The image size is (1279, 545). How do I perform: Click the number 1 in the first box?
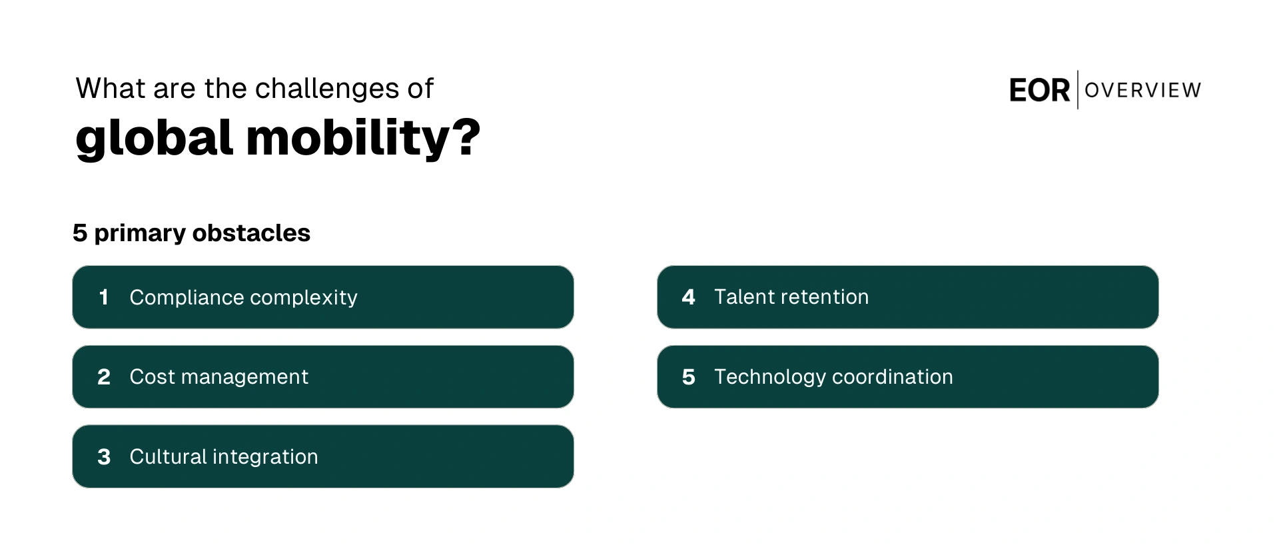pos(103,297)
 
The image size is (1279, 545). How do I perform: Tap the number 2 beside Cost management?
pos(104,377)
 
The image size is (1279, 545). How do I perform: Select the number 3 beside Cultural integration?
pos(104,457)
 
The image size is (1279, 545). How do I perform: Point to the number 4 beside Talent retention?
pos(688,297)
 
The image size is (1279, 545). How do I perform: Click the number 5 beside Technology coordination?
pos(688,377)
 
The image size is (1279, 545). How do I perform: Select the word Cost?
pos(152,377)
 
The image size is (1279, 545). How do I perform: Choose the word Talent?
pos(739,297)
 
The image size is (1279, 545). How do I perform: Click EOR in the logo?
pos(1039,91)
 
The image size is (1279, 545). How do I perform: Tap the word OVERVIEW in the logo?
pos(1142,91)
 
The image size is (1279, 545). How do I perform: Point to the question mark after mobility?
pos(466,137)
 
